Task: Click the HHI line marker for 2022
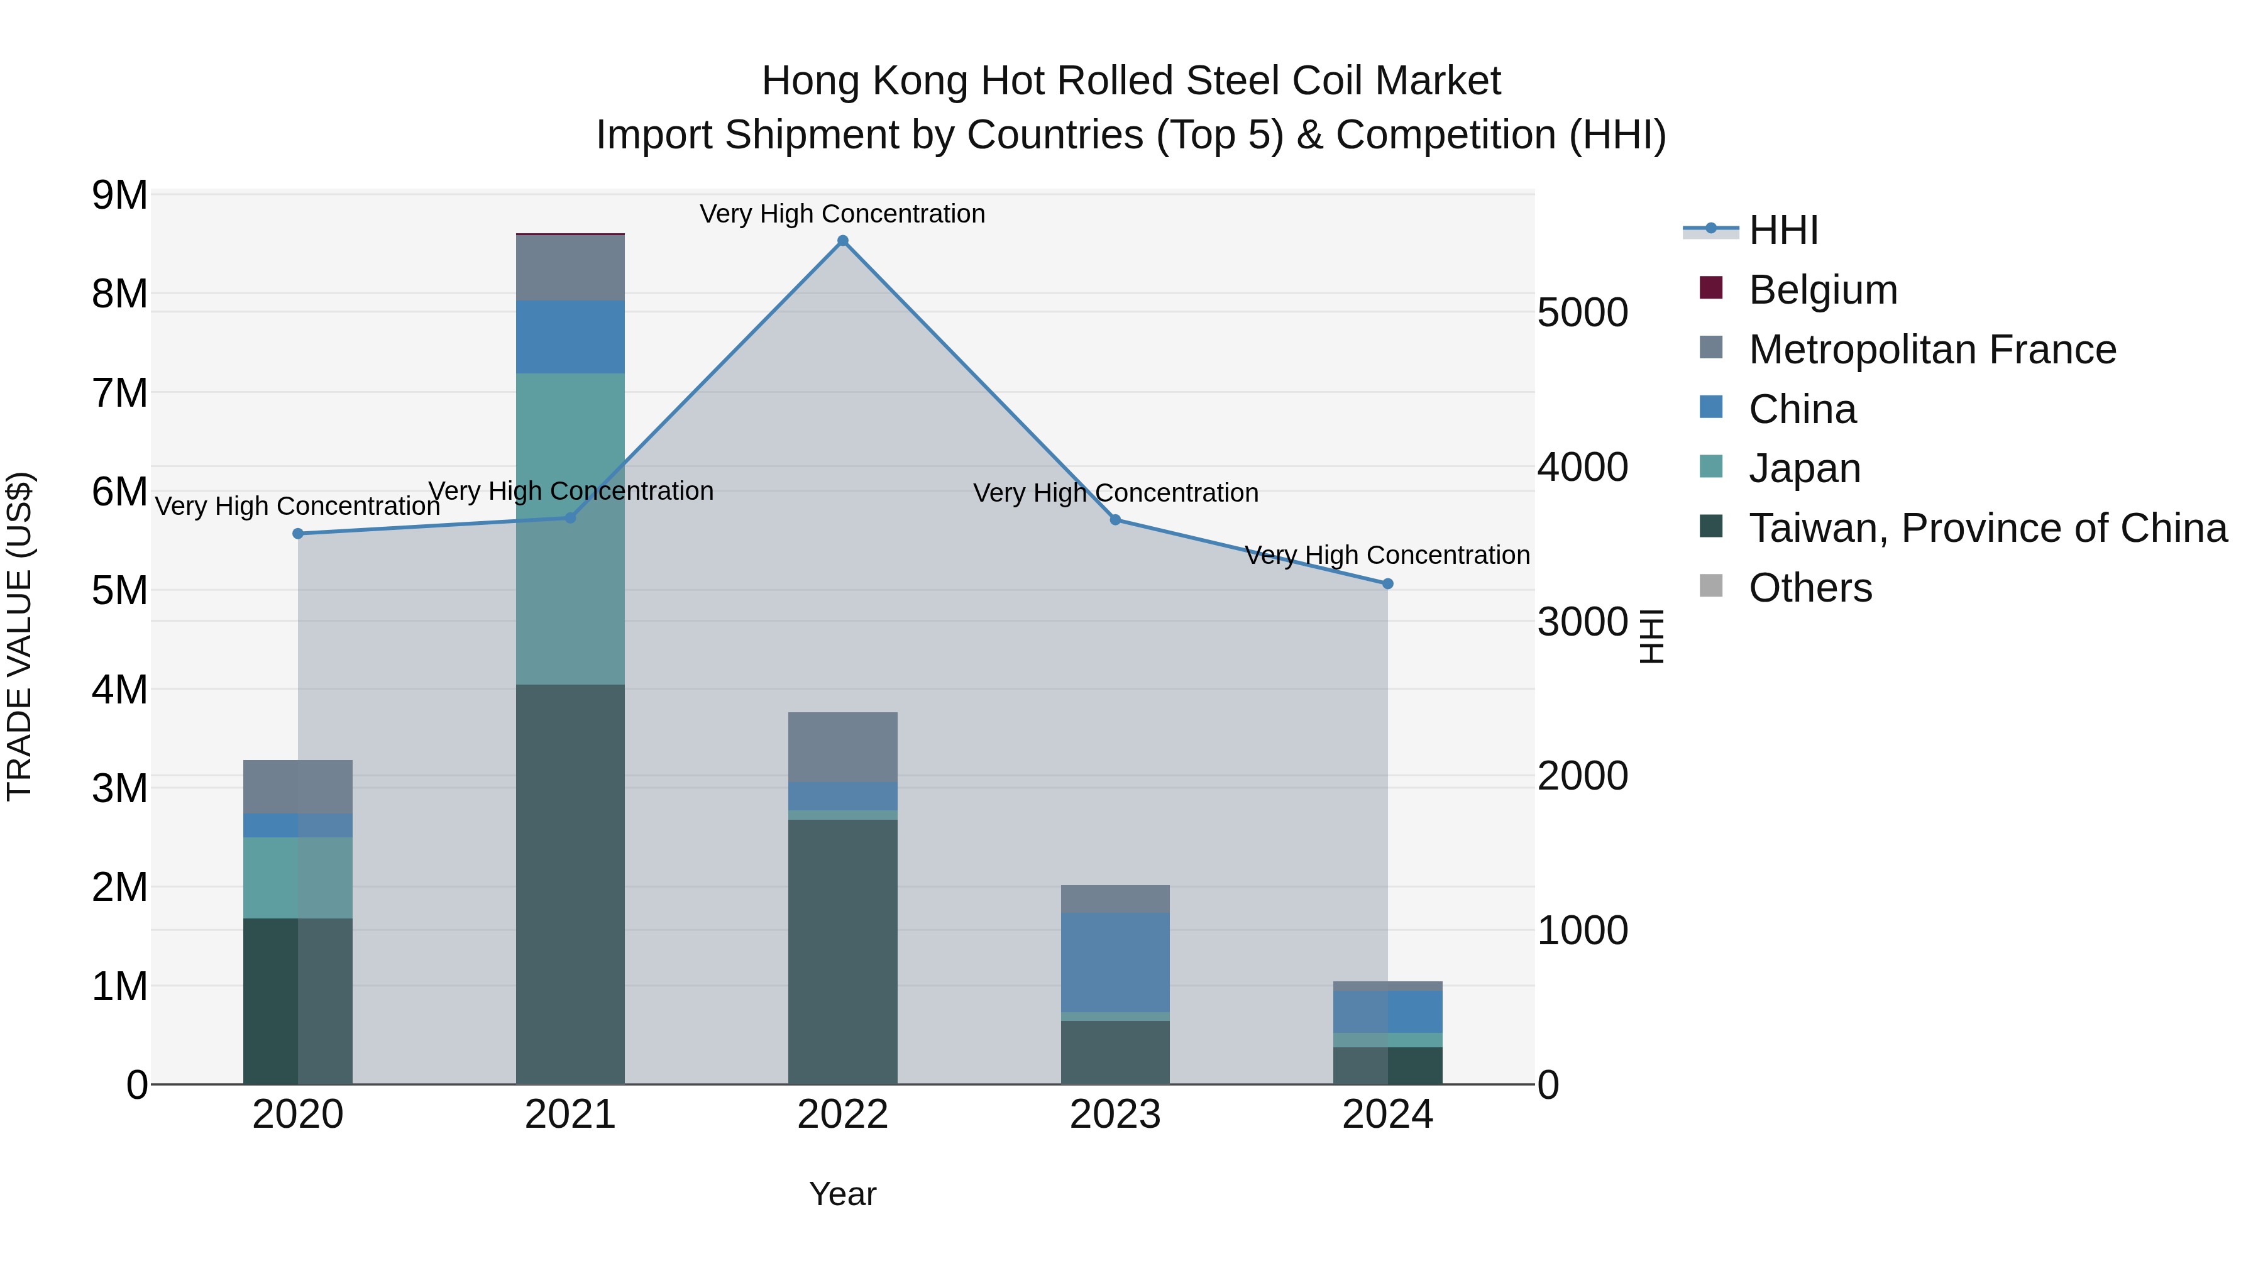pos(842,241)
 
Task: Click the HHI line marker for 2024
pos(1387,583)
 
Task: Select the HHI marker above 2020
pos(298,533)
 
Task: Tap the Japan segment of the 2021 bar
pos(570,528)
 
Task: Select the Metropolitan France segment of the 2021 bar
pos(570,268)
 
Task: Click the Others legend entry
pos(1810,588)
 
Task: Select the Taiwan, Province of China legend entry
pos(1987,528)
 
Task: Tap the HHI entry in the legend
pos(1783,230)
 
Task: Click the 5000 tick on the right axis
pos(1582,313)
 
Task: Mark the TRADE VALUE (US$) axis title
pos(19,636)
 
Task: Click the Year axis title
pos(842,1194)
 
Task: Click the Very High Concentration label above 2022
pos(842,214)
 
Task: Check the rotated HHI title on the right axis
pos(1651,636)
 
